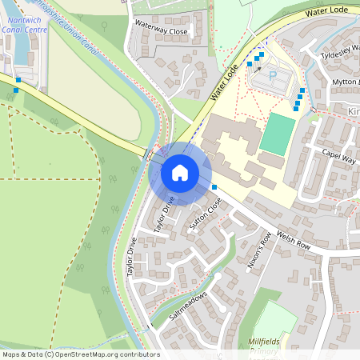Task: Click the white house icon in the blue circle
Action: (180, 173)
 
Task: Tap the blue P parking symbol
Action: (272, 76)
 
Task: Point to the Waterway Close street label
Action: (161, 31)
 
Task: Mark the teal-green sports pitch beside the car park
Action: (277, 134)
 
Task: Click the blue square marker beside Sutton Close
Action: (214, 187)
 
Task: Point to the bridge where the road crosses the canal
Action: (150, 154)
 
